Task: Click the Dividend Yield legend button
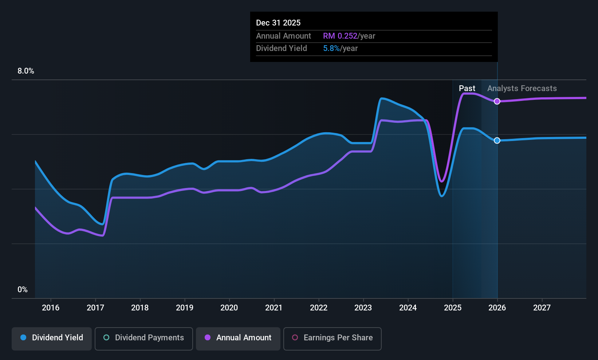pyautogui.click(x=52, y=338)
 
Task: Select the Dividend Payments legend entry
pyautogui.click(x=143, y=338)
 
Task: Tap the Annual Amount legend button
pyautogui.click(x=238, y=338)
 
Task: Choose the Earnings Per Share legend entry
pyautogui.click(x=332, y=338)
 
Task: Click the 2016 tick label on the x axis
pyautogui.click(x=51, y=308)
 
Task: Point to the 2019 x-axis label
pyautogui.click(x=185, y=308)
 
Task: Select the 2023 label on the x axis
pyautogui.click(x=363, y=308)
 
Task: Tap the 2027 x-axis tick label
pyautogui.click(x=542, y=308)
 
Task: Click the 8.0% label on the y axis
pyautogui.click(x=26, y=71)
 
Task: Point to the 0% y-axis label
pyautogui.click(x=23, y=290)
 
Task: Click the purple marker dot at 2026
pyautogui.click(x=497, y=101)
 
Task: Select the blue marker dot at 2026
pyautogui.click(x=497, y=141)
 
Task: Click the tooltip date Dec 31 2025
pyautogui.click(x=278, y=23)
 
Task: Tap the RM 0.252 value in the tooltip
pyautogui.click(x=340, y=36)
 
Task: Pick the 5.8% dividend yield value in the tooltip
pyautogui.click(x=331, y=48)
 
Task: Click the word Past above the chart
pyautogui.click(x=467, y=89)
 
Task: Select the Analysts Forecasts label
pyautogui.click(x=522, y=89)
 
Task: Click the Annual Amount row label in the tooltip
pyautogui.click(x=283, y=36)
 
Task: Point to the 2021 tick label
pyautogui.click(x=274, y=308)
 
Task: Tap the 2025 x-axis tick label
pyautogui.click(x=453, y=308)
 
